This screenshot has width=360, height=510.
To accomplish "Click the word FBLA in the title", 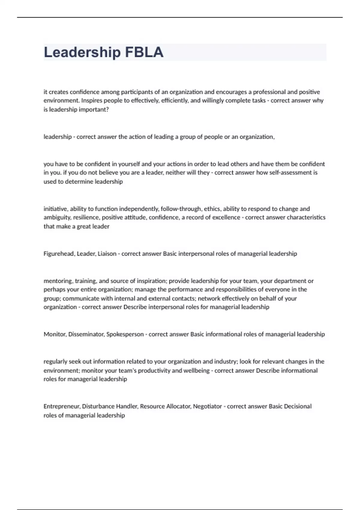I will point(144,52).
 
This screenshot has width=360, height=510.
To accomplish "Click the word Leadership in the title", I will point(82,52).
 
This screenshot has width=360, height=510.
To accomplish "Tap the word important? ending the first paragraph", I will point(94,109).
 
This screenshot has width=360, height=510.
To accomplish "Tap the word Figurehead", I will point(59,254).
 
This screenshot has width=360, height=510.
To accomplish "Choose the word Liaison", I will point(107,254).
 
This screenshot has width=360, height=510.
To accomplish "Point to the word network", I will point(208,298).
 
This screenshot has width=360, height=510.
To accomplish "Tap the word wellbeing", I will point(196,370).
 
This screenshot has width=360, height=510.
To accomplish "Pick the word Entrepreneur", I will point(61,406).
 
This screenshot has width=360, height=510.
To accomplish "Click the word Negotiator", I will point(207,406).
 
